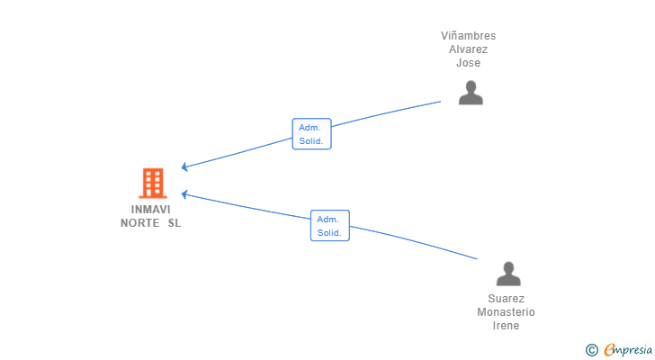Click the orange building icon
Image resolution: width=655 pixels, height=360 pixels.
pos(153,183)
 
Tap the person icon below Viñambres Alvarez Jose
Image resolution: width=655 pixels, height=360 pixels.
pos(471,93)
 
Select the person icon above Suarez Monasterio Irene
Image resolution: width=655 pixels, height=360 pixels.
pos(508,274)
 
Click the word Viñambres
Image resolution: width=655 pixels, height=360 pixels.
pos(468,36)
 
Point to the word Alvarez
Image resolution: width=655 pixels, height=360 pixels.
pos(468,49)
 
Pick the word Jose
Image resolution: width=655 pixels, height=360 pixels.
pos(468,63)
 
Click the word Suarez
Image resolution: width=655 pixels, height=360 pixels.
pos(506,299)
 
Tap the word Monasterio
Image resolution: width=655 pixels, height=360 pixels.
pos(506,312)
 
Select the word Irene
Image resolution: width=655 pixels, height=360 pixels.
pos(506,325)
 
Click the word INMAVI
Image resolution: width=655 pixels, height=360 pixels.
pos(151,209)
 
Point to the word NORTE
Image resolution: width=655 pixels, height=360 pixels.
pos(140,223)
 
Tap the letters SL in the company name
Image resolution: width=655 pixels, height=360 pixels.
pos(175,223)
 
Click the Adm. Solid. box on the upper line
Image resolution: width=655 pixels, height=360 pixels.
pos(311,133)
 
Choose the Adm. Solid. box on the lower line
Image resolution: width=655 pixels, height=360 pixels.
pos(330,226)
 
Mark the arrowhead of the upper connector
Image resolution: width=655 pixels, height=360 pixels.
pos(184,167)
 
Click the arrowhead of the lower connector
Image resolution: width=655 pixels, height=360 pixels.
pos(184,194)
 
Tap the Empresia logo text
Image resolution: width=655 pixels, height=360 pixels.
pos(628,349)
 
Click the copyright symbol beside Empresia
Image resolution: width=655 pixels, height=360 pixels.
pos(592,350)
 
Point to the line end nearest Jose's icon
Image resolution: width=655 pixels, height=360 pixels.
pos(441,102)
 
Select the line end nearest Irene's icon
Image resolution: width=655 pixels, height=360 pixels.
pos(477,259)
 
